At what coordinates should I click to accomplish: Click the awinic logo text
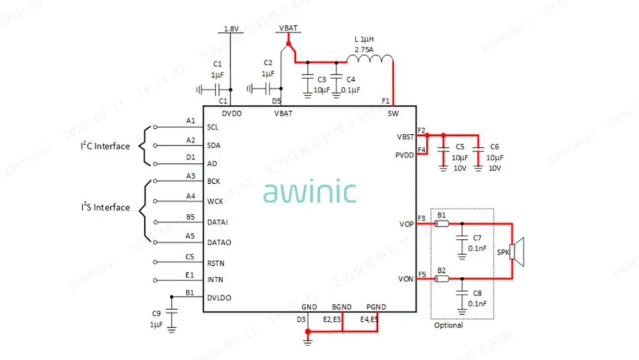pyautogui.click(x=309, y=191)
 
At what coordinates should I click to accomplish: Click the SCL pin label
pyautogui.click(x=213, y=127)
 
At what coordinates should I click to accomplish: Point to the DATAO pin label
pyautogui.click(x=219, y=242)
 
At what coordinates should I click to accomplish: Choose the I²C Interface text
pyautogui.click(x=105, y=146)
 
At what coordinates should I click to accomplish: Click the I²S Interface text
pyautogui.click(x=105, y=207)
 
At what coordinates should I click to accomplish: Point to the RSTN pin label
pyautogui.click(x=216, y=263)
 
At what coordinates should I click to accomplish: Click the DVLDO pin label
pyautogui.click(x=219, y=297)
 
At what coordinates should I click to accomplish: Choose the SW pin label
pyautogui.click(x=393, y=114)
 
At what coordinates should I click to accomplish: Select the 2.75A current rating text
pyautogui.click(x=364, y=50)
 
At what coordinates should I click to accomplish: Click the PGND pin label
pyautogui.click(x=375, y=307)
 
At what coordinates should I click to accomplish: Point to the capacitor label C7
pyautogui.click(x=477, y=238)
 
